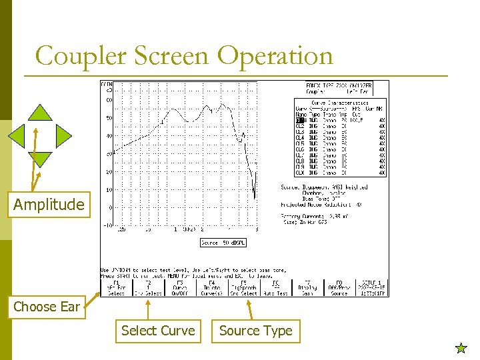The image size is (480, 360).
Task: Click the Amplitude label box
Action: click(49, 205)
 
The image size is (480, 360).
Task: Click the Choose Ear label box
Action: click(47, 307)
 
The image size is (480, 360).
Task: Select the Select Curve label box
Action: click(158, 331)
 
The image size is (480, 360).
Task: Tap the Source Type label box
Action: click(256, 331)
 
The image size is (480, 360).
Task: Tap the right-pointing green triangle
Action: click(63, 136)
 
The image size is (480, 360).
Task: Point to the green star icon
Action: click(460, 347)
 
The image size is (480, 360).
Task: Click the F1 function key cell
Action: click(116, 287)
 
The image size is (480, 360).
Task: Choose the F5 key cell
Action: click(245, 287)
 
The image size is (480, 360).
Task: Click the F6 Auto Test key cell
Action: click(276, 287)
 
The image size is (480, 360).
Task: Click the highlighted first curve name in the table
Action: click(301, 120)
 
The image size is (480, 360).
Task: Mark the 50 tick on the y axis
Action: click(109, 118)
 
